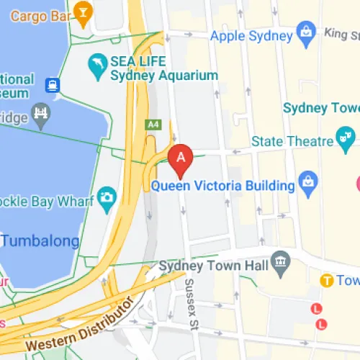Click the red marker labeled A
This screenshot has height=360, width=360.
click(181, 158)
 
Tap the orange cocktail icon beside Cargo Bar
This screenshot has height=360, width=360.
click(84, 12)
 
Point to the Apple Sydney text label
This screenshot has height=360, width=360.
click(252, 35)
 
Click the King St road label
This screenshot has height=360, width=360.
click(343, 32)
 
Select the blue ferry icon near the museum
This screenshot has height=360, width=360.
click(53, 86)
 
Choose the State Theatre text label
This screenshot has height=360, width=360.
click(292, 141)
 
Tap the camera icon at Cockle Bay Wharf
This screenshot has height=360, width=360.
click(107, 197)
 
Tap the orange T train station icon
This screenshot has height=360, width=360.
click(326, 280)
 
